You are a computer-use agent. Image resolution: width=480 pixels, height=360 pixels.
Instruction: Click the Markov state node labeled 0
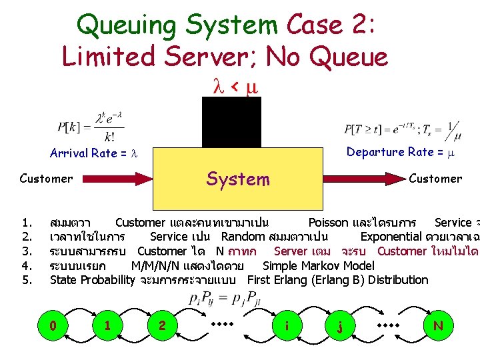coord(53,326)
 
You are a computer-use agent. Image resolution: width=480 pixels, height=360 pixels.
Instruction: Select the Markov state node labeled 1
coord(107,326)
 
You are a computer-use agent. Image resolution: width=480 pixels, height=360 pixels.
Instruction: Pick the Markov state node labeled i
coord(286,326)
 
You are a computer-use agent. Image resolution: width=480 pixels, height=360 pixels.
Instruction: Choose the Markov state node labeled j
coord(341,326)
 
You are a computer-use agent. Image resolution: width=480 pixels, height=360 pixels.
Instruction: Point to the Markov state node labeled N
coord(438,326)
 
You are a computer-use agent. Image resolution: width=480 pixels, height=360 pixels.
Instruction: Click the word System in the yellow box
coord(238,179)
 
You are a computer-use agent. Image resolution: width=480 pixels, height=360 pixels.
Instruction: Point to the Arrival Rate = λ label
coord(93,153)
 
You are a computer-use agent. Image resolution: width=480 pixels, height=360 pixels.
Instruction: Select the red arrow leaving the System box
coord(363,179)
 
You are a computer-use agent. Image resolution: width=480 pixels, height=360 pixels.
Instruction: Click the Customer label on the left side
coord(46,179)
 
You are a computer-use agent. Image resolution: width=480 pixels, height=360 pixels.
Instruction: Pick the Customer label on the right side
coord(435,179)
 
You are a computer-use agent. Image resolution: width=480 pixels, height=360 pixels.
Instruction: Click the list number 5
coord(27,280)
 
